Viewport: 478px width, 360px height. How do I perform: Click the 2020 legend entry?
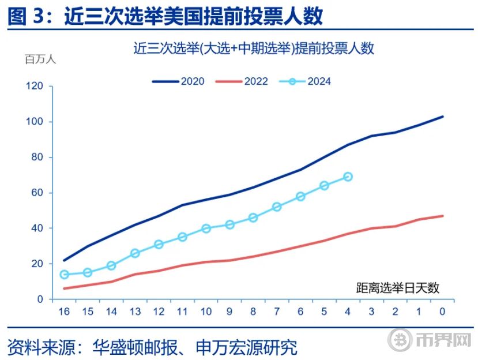pyautogui.click(x=179, y=81)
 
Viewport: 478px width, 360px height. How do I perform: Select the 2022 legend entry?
pyautogui.click(x=242, y=81)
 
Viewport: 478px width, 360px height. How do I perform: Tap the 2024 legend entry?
pyautogui.click(x=306, y=81)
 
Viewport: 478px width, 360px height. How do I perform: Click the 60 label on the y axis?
pyautogui.click(x=37, y=193)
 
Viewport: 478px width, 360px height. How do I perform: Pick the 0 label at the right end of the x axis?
pyautogui.click(x=443, y=312)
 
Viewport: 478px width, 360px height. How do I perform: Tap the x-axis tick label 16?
pyautogui.click(x=64, y=312)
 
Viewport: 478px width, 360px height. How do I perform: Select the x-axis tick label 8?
pyautogui.click(x=253, y=312)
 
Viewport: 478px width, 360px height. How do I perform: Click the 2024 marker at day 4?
pyautogui.click(x=348, y=177)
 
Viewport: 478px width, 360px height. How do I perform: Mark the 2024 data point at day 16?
pyautogui.click(x=65, y=275)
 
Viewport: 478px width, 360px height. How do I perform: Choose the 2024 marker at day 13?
pyautogui.click(x=135, y=253)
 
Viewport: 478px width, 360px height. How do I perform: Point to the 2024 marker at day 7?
pyautogui.click(x=277, y=207)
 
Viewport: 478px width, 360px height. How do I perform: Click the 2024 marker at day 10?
pyautogui.click(x=206, y=228)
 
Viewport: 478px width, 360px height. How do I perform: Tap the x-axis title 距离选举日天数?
pyautogui.click(x=398, y=287)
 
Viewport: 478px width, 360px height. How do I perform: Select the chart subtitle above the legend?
pyautogui.click(x=254, y=48)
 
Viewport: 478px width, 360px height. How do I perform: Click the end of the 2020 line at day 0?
pyautogui.click(x=443, y=117)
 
